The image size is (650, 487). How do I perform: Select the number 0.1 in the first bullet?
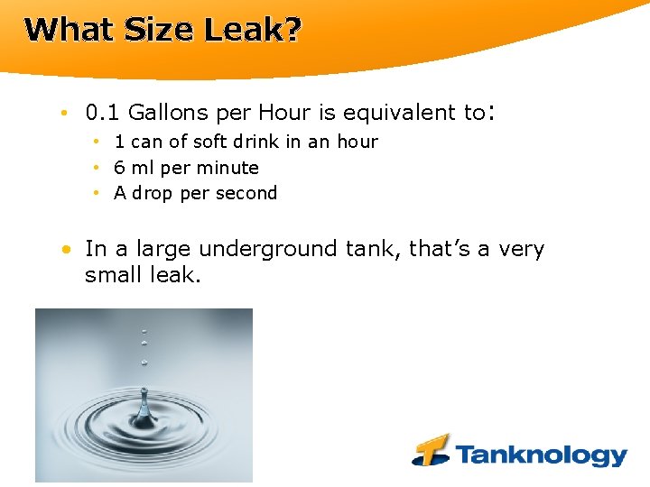[x=103, y=113]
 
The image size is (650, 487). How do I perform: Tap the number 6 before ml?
[x=119, y=168]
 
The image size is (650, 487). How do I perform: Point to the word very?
[x=521, y=249]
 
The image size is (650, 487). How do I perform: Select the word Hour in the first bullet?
[x=285, y=113]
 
